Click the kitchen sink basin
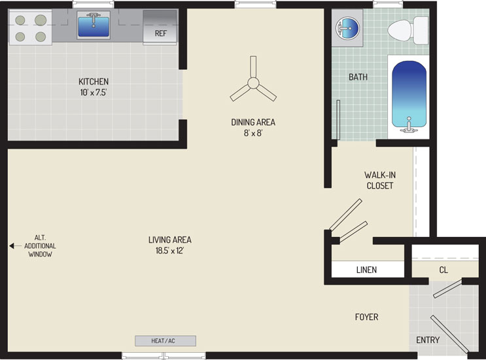point(94,27)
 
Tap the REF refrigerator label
point(161,33)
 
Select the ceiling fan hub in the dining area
point(253,83)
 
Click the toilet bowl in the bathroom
point(400,30)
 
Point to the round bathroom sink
point(347,28)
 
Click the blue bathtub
point(409,94)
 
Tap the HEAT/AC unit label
point(163,341)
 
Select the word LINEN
point(367,270)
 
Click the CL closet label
point(443,270)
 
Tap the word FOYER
point(367,317)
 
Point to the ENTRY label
point(428,340)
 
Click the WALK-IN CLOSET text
point(380,180)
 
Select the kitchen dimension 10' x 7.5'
point(94,92)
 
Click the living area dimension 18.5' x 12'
point(169,251)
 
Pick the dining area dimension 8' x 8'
point(253,133)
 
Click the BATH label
point(358,77)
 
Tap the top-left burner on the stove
point(20,20)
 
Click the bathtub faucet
point(409,126)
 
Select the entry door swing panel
point(449,334)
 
